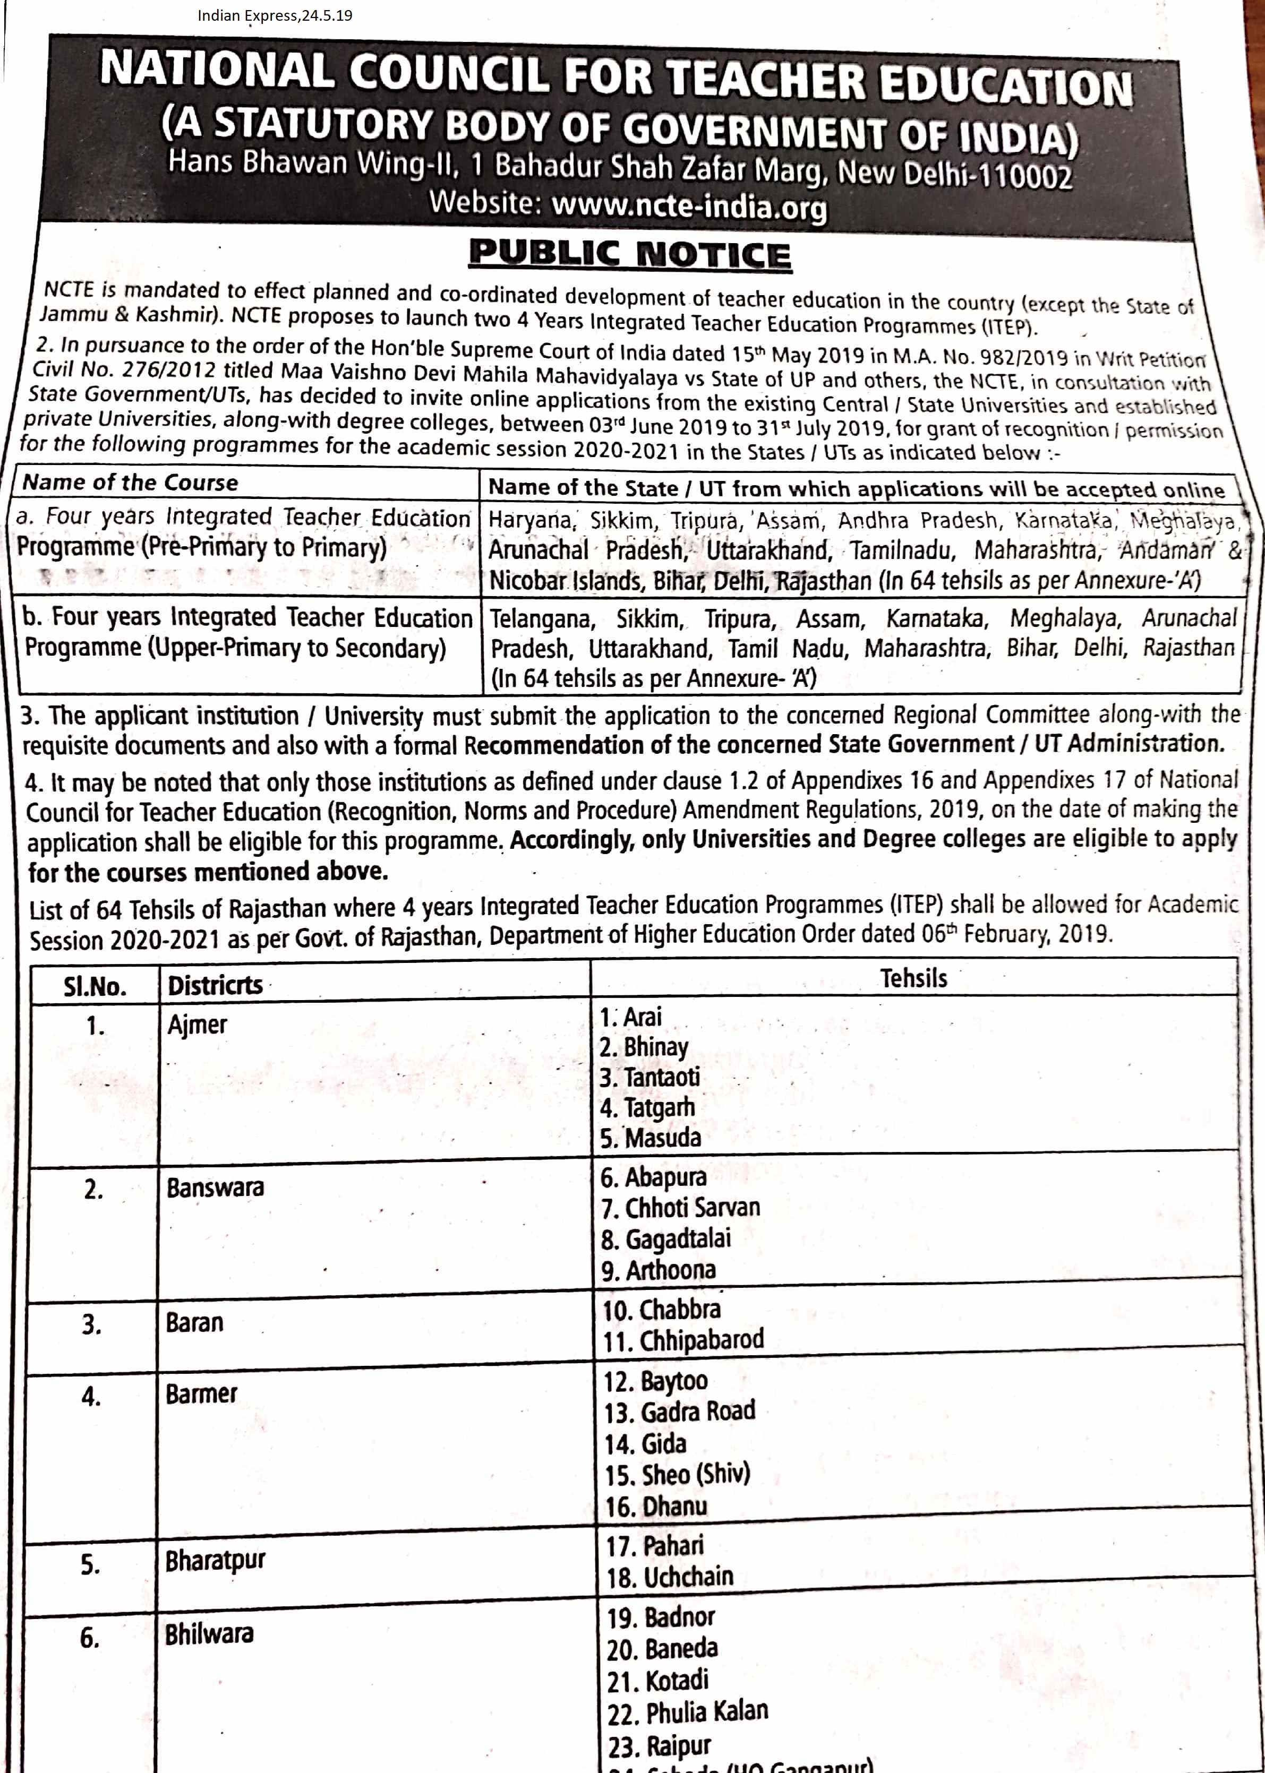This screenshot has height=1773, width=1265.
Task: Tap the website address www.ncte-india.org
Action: coord(689,206)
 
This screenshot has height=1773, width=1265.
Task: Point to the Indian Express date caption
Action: coord(274,15)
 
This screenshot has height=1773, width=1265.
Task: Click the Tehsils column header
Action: coord(913,978)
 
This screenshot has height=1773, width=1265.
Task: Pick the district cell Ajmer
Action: coord(197,1025)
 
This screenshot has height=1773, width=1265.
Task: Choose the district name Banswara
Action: coord(215,1188)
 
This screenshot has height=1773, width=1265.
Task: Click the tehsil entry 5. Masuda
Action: coord(651,1138)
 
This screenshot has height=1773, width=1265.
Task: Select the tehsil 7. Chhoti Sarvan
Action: coord(680,1208)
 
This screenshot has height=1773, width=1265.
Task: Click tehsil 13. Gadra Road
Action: coord(679,1411)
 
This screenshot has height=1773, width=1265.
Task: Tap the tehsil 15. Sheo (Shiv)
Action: coord(677,1474)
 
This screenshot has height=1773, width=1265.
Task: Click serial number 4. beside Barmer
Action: coord(91,1396)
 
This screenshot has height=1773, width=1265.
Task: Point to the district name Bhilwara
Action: coord(209,1633)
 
